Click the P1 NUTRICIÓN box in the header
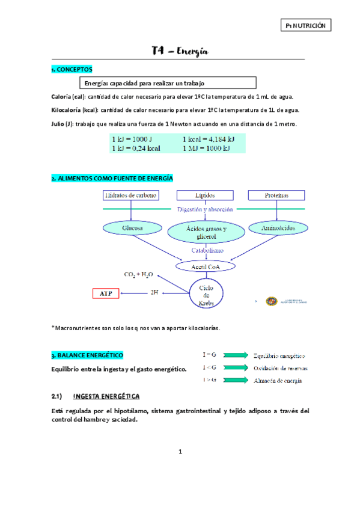(306, 26)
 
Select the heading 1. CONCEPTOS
(72, 70)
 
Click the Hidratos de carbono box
(130, 195)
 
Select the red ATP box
(106, 293)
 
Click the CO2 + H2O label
(138, 274)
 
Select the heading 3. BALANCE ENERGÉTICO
(88, 355)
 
